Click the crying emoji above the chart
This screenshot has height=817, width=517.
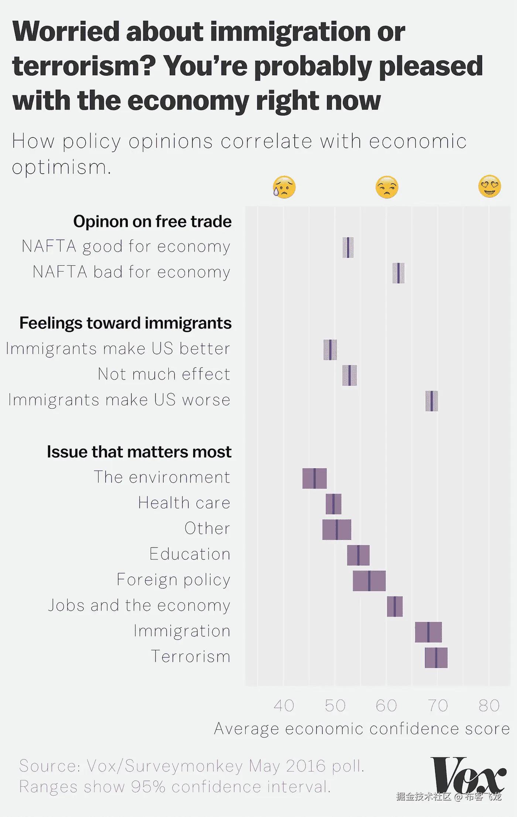[284, 187]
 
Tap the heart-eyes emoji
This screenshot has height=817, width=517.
[489, 186]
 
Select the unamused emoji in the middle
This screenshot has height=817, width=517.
[387, 187]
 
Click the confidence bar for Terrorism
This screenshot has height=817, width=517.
[436, 658]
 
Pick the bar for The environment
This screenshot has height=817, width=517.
[315, 479]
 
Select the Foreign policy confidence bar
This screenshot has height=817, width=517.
[369, 581]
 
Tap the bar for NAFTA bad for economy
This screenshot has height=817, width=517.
[398, 273]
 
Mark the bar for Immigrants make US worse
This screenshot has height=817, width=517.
[432, 401]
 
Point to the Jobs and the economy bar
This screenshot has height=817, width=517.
[395, 606]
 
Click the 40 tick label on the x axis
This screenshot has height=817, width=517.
[284, 706]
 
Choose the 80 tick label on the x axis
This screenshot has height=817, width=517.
[489, 706]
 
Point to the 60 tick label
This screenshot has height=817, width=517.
[386, 706]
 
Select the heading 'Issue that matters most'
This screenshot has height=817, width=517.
[139, 452]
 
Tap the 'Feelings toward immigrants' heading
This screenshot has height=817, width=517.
[126, 323]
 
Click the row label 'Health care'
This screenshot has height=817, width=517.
[184, 503]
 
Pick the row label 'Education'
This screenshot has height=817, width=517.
[190, 554]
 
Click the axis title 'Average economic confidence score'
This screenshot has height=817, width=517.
[362, 729]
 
